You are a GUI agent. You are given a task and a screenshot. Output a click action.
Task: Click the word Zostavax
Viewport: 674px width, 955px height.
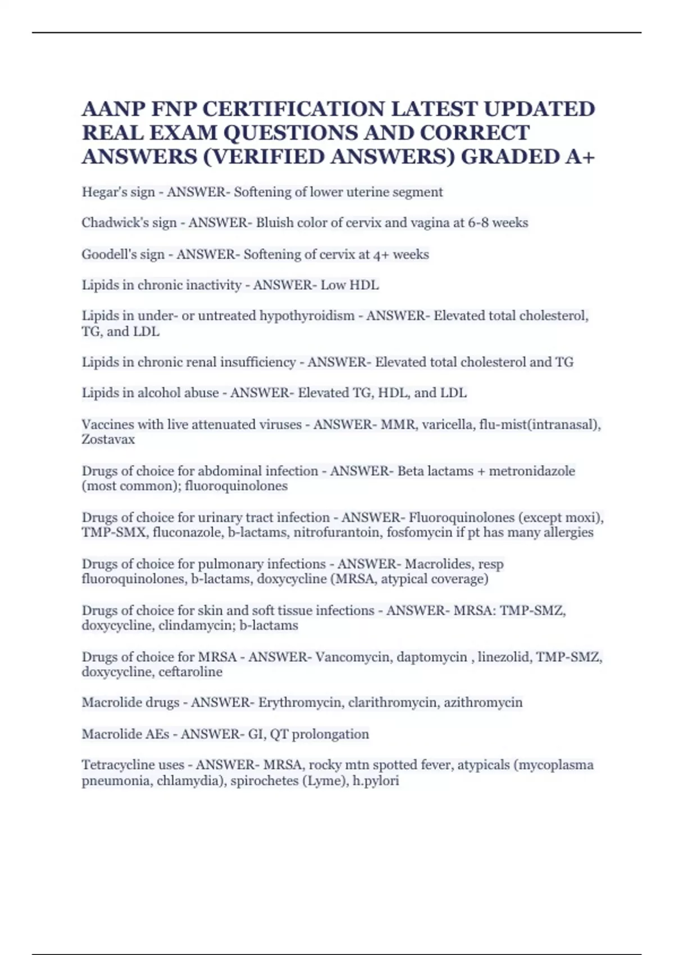[108, 439]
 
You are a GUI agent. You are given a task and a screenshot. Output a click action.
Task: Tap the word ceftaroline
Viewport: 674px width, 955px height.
[190, 672]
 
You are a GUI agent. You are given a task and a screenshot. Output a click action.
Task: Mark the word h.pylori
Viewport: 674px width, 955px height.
[376, 780]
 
